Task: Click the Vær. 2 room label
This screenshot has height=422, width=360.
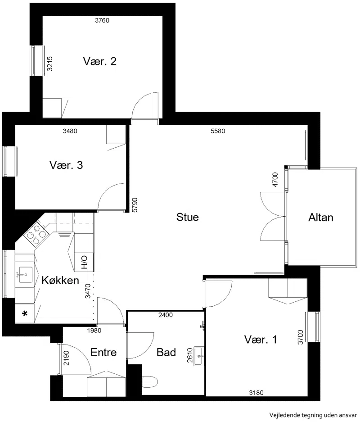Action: (x=100, y=61)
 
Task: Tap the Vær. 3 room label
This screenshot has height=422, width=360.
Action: (x=66, y=165)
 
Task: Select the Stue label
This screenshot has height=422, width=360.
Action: (x=187, y=217)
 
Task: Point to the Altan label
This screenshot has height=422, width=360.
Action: (x=321, y=218)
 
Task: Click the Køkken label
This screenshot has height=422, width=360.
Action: (x=60, y=281)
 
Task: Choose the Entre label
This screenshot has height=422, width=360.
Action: (x=103, y=352)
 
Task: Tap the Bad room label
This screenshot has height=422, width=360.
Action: (x=166, y=352)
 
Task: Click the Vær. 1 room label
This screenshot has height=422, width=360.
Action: (x=261, y=340)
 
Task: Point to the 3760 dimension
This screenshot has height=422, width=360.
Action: (x=102, y=20)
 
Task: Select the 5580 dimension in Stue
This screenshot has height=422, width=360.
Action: (x=218, y=131)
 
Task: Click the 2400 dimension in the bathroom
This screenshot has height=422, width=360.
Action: (x=165, y=315)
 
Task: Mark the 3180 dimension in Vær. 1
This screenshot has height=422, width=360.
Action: (x=256, y=393)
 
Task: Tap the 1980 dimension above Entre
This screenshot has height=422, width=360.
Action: (x=94, y=331)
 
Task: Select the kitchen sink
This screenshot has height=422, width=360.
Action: (x=25, y=275)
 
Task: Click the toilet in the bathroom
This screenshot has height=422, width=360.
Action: (x=149, y=381)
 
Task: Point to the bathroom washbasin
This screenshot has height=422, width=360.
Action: (x=199, y=356)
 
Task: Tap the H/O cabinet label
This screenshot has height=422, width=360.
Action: (x=84, y=263)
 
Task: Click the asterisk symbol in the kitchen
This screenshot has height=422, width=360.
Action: (x=25, y=313)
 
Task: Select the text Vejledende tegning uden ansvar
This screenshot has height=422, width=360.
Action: (x=313, y=414)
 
